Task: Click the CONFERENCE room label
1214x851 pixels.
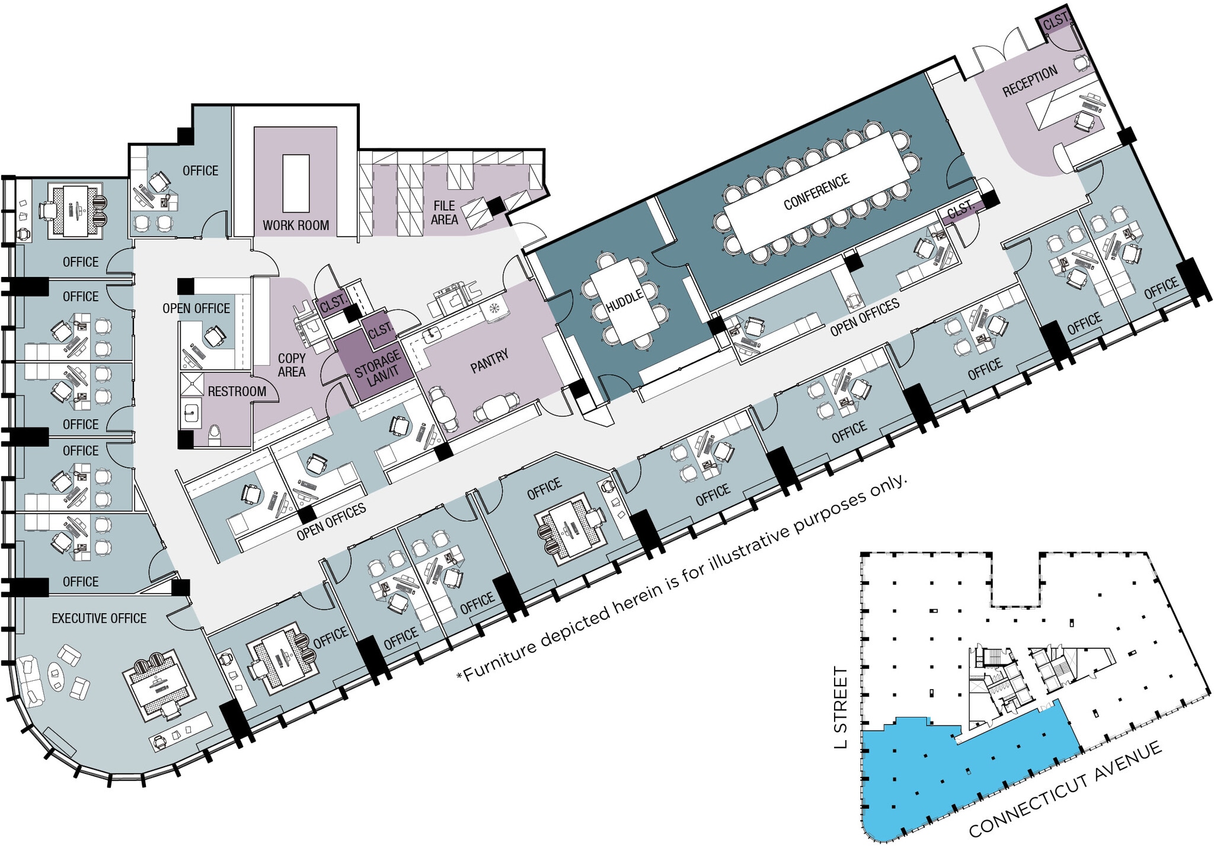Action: point(816,192)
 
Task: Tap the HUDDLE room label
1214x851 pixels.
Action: point(625,301)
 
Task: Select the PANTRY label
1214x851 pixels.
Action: point(489,361)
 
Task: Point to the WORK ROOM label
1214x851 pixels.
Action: point(296,225)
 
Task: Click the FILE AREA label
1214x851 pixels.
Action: point(445,212)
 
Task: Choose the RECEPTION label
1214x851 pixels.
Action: point(1030,81)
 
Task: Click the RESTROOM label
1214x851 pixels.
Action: point(237,391)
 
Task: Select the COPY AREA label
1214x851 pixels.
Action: point(292,365)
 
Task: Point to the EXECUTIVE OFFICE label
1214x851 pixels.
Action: point(99,619)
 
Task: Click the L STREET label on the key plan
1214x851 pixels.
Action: point(841,707)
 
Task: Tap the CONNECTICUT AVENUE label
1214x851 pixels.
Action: point(1065,792)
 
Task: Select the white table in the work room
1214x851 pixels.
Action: point(296,183)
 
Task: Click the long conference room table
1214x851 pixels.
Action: point(816,191)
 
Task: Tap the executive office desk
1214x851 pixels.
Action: point(158,686)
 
